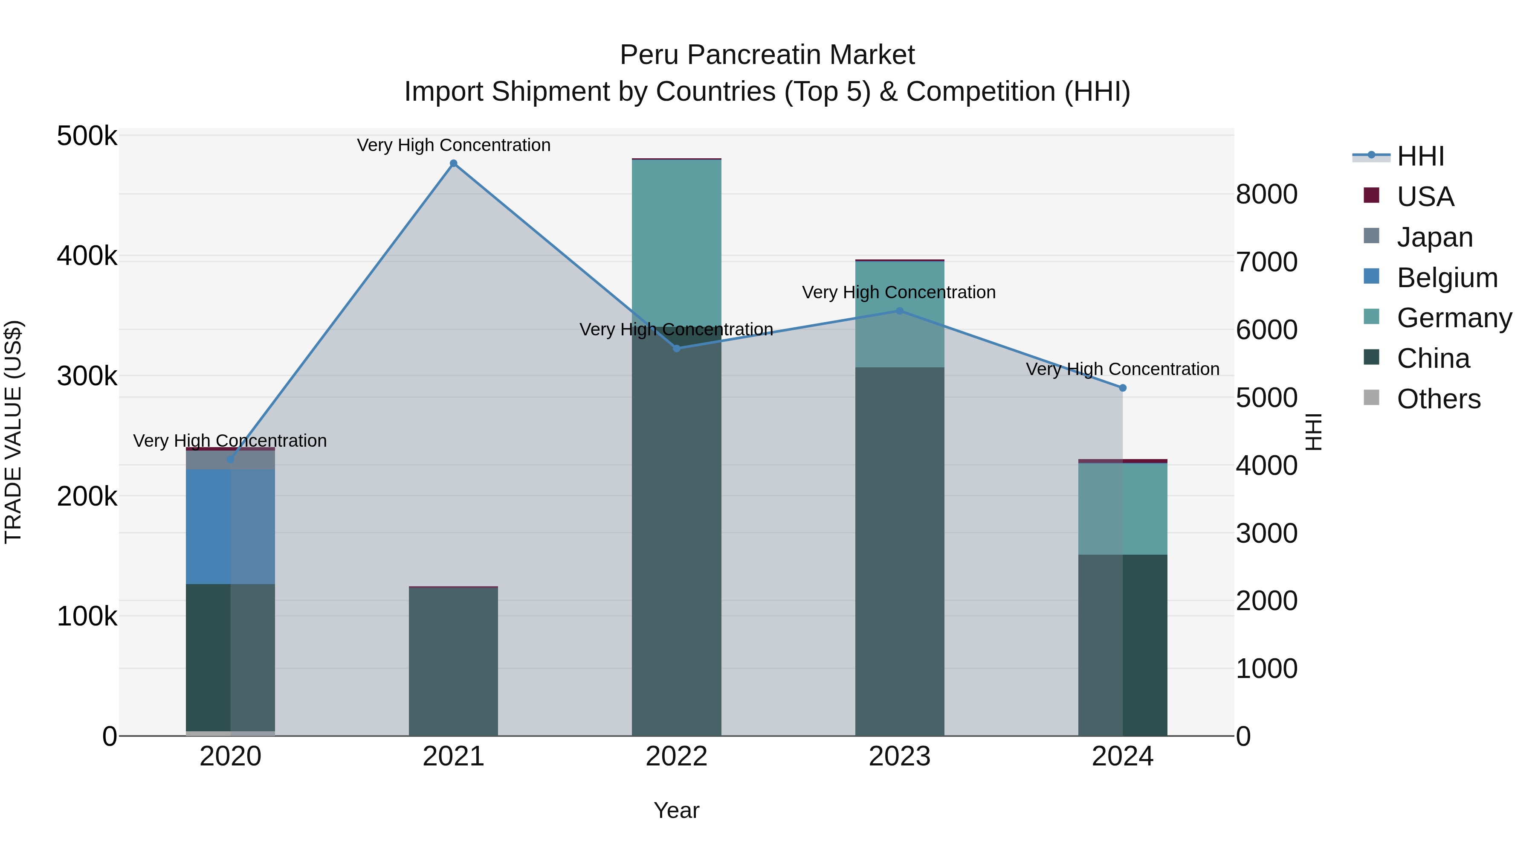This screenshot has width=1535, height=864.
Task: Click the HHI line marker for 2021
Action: [454, 163]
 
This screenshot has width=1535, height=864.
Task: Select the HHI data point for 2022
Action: [676, 348]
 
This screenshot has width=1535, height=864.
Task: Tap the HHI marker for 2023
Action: [900, 311]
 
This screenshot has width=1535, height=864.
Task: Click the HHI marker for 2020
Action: [231, 460]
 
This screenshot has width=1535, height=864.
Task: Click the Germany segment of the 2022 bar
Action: [676, 239]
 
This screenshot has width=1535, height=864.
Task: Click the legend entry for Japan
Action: [1434, 237]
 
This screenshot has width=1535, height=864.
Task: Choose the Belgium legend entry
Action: [1447, 278]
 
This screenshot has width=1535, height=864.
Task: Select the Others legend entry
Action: [1439, 399]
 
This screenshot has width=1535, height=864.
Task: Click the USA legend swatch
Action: [1371, 195]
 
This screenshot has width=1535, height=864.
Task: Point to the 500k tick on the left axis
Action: [87, 136]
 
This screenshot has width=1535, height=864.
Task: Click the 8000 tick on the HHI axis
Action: [1267, 195]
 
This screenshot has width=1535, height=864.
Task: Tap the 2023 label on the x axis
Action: [900, 756]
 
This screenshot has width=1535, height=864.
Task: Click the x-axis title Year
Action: [676, 810]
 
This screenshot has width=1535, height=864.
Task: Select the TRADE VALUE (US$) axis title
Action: [13, 432]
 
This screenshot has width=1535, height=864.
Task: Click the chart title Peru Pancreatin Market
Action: [767, 55]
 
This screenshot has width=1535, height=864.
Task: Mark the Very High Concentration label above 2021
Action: [454, 145]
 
